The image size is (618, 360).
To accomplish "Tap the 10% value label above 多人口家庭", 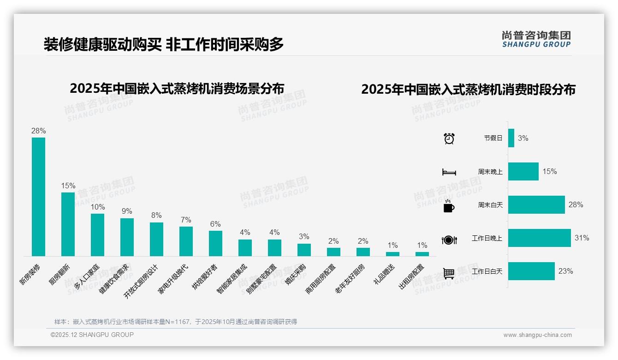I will [97, 207].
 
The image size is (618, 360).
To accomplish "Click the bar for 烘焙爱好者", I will [215, 243].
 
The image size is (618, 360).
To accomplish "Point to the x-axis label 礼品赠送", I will [385, 274].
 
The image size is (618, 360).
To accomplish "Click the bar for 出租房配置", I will [422, 254].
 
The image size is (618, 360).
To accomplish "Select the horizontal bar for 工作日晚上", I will [539, 238].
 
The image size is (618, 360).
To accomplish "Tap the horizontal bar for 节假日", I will [511, 138].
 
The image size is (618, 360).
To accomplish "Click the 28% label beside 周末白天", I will [576, 204].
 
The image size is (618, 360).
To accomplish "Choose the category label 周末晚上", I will [490, 172].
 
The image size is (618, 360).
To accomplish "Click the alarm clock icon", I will [449, 138].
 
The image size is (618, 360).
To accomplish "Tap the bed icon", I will [449, 172].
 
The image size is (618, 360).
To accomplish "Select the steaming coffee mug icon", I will [449, 206].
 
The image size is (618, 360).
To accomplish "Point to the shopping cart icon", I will [449, 273].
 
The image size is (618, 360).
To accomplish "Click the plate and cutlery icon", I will [449, 240].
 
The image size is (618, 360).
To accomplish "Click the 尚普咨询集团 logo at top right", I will [536, 39].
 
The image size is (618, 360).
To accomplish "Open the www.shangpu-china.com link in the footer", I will [537, 335].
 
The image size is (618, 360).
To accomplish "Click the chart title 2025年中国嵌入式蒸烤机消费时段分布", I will [468, 90].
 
